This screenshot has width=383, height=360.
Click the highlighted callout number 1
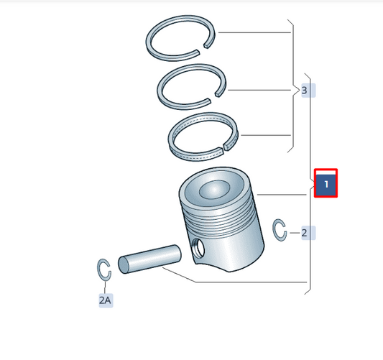(x=326, y=183)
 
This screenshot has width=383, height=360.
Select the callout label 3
(x=308, y=91)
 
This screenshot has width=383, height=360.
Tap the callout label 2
(x=308, y=233)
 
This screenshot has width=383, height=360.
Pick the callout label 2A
(x=106, y=300)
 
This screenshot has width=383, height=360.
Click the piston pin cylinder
(x=149, y=259)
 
